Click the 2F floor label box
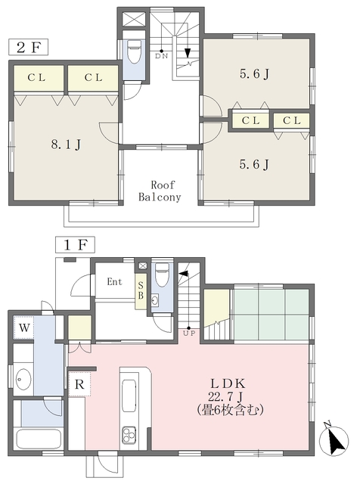coord(29,47)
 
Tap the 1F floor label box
coord(75,245)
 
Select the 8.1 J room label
coord(66,144)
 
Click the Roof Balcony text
coord(160,191)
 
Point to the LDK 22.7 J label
coord(228,389)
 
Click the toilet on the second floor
coord(134,51)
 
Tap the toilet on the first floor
coord(162,275)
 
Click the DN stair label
coord(162,56)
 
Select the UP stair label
coord(189,334)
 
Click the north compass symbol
coord(334,441)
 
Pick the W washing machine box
coord(24,327)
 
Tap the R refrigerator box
coord(79,384)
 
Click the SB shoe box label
coord(141,290)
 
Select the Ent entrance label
coord(114,282)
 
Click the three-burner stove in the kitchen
coord(129,435)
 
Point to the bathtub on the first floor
coord(38,439)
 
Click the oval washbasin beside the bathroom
coord(23,379)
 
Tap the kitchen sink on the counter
coord(129,396)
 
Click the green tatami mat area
coord(272,315)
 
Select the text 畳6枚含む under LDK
coord(230,410)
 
